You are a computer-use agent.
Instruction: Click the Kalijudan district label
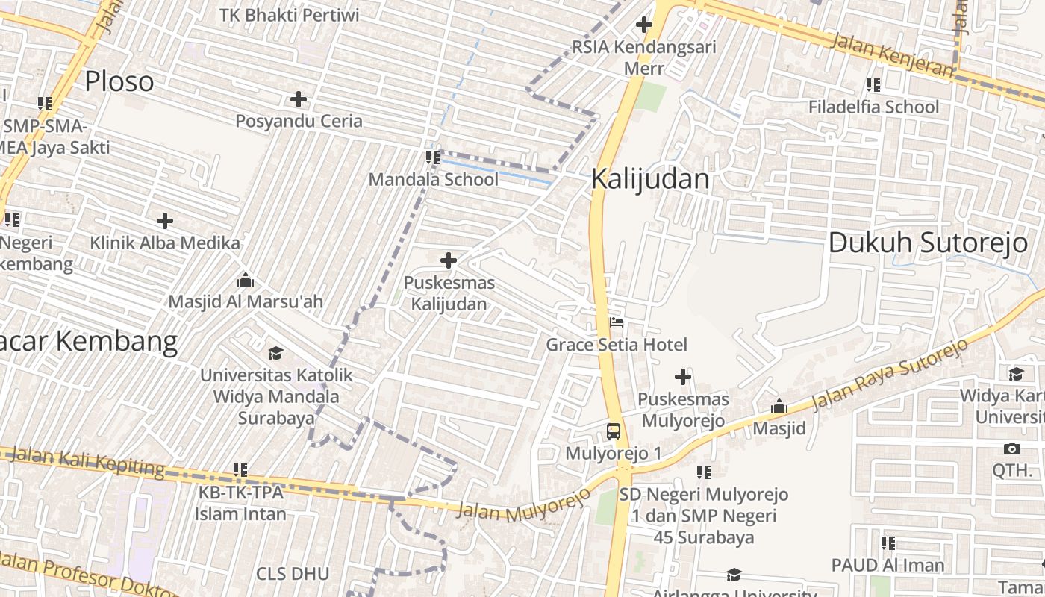click(x=650, y=179)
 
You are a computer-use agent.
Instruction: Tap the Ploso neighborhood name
click(x=119, y=81)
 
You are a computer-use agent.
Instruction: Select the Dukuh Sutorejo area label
click(x=928, y=243)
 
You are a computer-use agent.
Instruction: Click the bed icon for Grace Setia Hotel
click(x=617, y=323)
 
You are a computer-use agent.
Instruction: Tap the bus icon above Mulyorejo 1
click(x=614, y=431)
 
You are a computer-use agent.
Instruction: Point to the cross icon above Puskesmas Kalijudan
click(x=449, y=260)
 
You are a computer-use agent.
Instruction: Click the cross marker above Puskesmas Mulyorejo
click(x=683, y=377)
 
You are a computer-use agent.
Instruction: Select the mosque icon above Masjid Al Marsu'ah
click(x=246, y=281)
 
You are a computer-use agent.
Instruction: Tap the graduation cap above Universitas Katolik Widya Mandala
click(x=276, y=353)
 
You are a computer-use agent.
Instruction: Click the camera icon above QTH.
click(x=1012, y=448)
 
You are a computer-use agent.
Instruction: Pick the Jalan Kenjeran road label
click(x=892, y=54)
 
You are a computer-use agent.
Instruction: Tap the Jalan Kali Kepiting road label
click(x=88, y=460)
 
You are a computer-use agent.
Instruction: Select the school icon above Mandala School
click(x=432, y=157)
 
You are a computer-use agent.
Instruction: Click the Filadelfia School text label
click(x=874, y=107)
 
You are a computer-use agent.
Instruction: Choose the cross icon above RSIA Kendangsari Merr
click(x=644, y=25)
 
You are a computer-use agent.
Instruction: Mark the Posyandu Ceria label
click(x=299, y=121)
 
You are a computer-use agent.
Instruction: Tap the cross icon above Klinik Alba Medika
click(x=165, y=221)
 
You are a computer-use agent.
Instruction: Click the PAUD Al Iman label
click(x=888, y=565)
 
